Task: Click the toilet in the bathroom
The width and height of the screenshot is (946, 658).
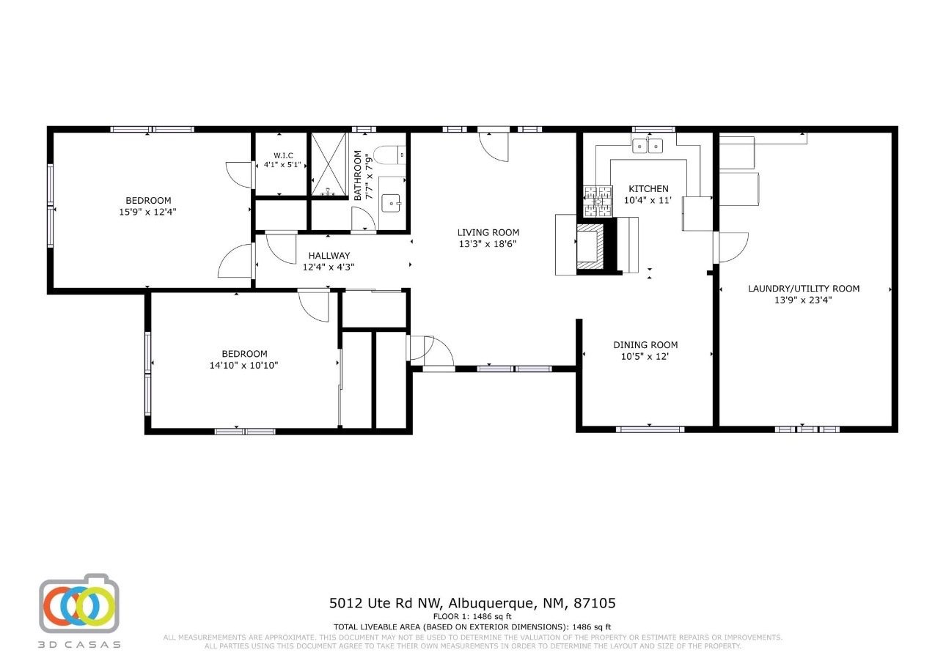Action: pyautogui.click(x=390, y=155)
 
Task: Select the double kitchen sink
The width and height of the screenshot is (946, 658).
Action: pyautogui.click(x=648, y=146)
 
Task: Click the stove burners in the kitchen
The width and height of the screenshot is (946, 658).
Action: pyautogui.click(x=598, y=202)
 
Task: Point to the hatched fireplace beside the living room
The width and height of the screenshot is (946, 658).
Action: pyautogui.click(x=591, y=247)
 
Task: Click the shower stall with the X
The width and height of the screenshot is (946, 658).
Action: pyautogui.click(x=329, y=164)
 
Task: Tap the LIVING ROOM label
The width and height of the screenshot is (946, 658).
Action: pyautogui.click(x=488, y=232)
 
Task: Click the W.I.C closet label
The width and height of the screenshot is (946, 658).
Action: pyautogui.click(x=283, y=156)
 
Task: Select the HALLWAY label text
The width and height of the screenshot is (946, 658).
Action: pyautogui.click(x=329, y=256)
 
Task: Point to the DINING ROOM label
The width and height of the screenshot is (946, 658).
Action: pyautogui.click(x=645, y=345)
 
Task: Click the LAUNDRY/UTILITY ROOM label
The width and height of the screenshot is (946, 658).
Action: pyautogui.click(x=804, y=289)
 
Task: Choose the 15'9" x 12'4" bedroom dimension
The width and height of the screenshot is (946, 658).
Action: pyautogui.click(x=147, y=212)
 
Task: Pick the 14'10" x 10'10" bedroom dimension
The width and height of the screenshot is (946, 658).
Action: pyautogui.click(x=243, y=365)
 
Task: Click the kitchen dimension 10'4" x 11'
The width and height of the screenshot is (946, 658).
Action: pyautogui.click(x=648, y=200)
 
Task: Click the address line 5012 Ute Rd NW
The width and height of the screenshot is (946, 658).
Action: pyautogui.click(x=385, y=603)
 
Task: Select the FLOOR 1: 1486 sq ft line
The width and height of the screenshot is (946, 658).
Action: pyautogui.click(x=472, y=617)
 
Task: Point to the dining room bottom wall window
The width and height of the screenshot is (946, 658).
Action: pyautogui.click(x=650, y=429)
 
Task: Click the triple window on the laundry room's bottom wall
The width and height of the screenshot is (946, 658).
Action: pyautogui.click(x=807, y=429)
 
